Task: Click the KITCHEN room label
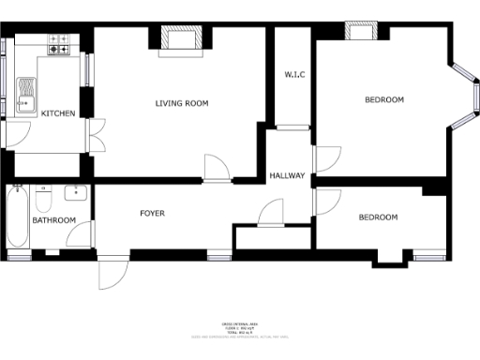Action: [x=58, y=113]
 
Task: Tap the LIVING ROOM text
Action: [x=181, y=102]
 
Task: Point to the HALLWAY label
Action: [x=288, y=175]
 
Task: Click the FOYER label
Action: [x=152, y=213]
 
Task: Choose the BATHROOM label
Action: [x=54, y=221]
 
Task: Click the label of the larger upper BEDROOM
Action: [x=383, y=99]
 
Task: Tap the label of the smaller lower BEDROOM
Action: [x=378, y=217]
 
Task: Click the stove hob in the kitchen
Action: [x=59, y=43]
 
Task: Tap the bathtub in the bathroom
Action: [x=17, y=218]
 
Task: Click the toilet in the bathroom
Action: [x=43, y=201]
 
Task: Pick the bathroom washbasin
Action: [x=75, y=194]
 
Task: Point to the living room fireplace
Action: [x=181, y=38]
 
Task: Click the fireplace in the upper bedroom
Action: [x=361, y=32]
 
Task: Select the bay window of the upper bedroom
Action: [x=461, y=94]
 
